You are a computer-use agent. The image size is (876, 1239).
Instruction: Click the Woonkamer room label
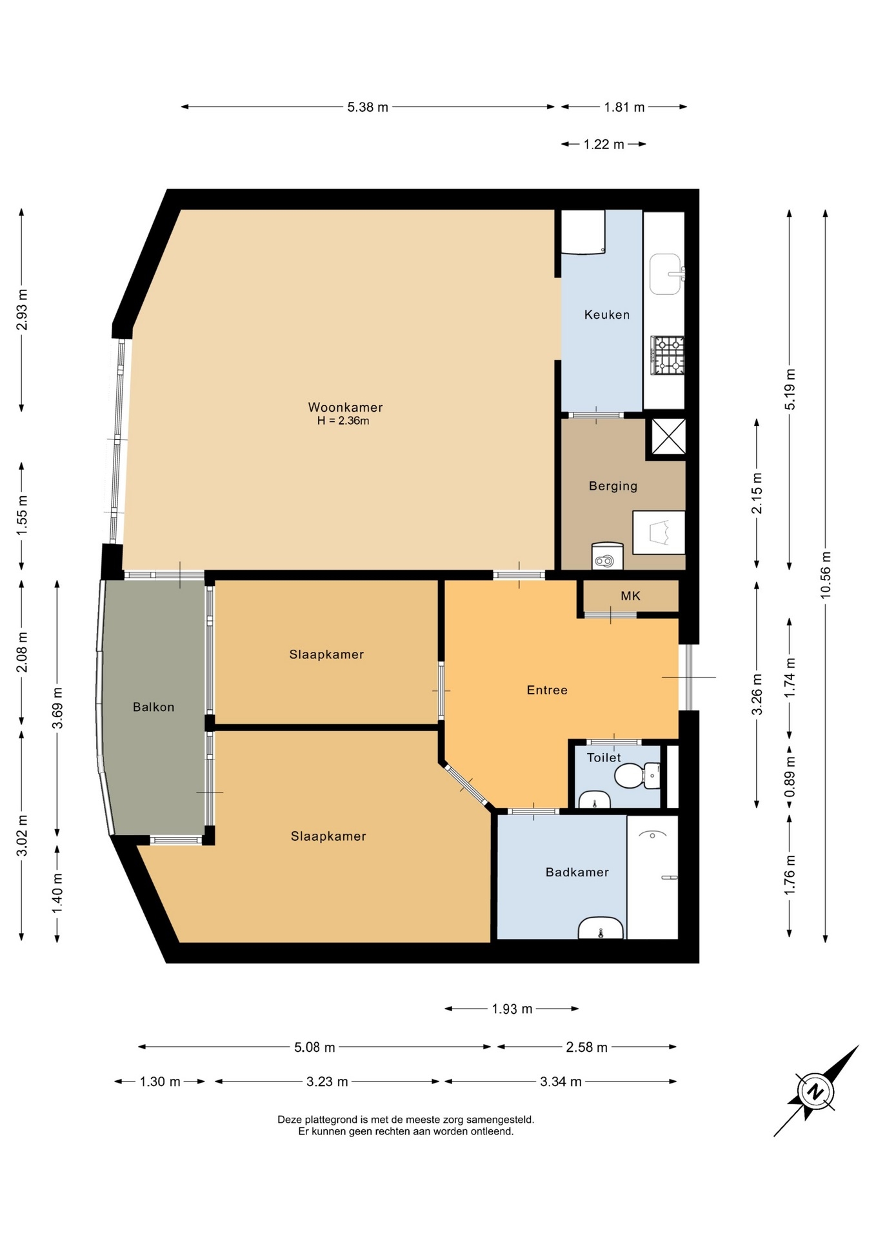pyautogui.click(x=345, y=407)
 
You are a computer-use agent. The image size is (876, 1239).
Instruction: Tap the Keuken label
pyautogui.click(x=606, y=315)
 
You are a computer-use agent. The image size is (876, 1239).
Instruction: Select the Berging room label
pyautogui.click(x=613, y=486)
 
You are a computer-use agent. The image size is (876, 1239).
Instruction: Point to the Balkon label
pyautogui.click(x=154, y=707)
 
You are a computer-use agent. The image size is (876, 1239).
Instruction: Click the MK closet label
pyautogui.click(x=630, y=596)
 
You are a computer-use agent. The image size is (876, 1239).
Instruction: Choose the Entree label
pyautogui.click(x=547, y=690)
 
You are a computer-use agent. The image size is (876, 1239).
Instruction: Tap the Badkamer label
pyautogui.click(x=577, y=872)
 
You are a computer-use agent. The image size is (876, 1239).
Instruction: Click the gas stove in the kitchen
pyautogui.click(x=667, y=355)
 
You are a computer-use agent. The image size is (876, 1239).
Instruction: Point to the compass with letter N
pyautogui.click(x=816, y=1092)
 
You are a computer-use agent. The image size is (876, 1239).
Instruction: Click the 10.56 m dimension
pyautogui.click(x=826, y=575)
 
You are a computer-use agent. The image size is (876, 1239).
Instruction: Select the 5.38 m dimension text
pyautogui.click(x=368, y=107)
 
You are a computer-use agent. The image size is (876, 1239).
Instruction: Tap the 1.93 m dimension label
pyautogui.click(x=512, y=1009)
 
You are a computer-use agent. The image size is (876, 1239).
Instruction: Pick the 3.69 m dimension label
pyautogui.click(x=57, y=708)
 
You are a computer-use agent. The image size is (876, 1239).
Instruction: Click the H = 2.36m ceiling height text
pyautogui.click(x=343, y=421)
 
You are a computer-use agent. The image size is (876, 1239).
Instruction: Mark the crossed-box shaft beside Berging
pyautogui.click(x=668, y=437)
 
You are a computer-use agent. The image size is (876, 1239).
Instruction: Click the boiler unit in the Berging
pyautogui.click(x=607, y=556)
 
